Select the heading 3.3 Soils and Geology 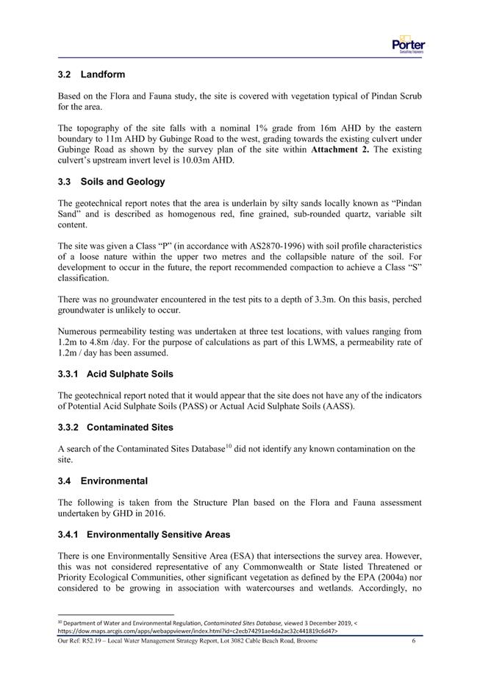pyautogui.click(x=112, y=182)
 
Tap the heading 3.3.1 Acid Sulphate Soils pyautogui.click(x=115, y=375)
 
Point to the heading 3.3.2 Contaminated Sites pyautogui.click(x=115, y=427)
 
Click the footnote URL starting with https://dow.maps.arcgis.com pyautogui.click(x=191, y=631)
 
